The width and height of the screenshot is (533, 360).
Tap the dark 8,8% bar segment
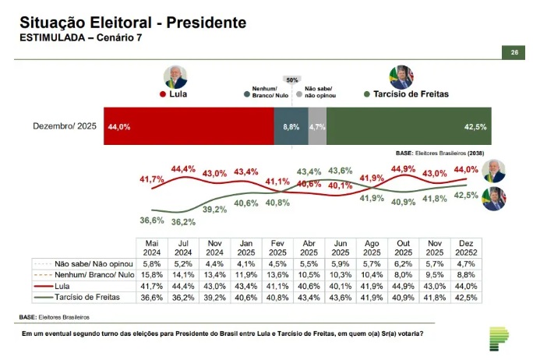(291, 126)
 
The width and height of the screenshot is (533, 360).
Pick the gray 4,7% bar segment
(317, 126)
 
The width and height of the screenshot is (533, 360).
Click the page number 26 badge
(514, 53)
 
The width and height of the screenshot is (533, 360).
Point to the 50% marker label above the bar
(292, 79)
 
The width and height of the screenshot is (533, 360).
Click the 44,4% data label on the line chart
(183, 169)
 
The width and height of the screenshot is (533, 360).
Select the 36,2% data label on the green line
(183, 222)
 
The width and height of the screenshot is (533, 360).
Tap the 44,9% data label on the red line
(403, 169)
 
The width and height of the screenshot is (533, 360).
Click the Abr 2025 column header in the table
(309, 248)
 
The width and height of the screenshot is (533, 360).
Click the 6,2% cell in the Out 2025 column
(403, 264)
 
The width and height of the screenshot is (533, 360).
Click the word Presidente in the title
(206, 22)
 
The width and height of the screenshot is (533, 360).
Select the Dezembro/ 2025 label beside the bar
(64, 126)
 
